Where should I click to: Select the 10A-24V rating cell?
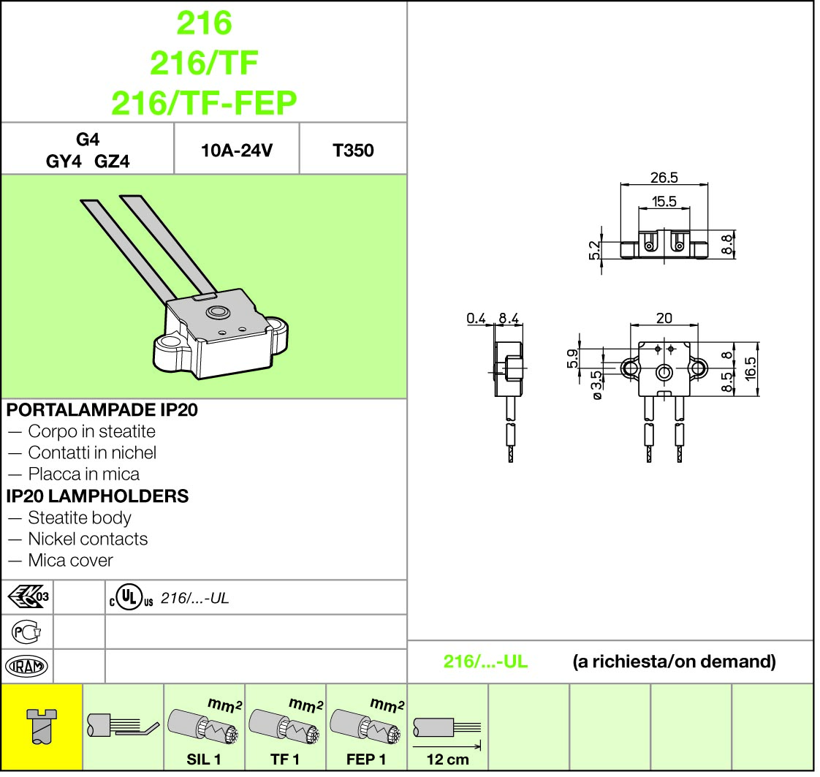point(237,151)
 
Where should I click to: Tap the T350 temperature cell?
point(353,151)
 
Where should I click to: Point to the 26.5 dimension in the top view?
point(664,178)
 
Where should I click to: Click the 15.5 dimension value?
point(664,202)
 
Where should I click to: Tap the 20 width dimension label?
point(664,318)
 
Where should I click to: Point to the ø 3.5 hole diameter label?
point(596,384)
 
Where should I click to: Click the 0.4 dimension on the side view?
point(477,318)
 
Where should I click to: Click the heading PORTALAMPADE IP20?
point(102,409)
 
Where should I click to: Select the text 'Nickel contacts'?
point(88,539)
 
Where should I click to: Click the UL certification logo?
point(129,598)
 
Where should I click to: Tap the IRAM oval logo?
point(26,666)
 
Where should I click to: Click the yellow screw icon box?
point(42,726)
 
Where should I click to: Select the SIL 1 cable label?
point(204,759)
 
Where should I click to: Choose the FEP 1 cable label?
point(366,759)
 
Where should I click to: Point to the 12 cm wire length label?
point(447,759)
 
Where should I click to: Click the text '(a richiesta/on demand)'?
point(673,662)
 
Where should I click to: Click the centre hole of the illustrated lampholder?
point(216,312)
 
